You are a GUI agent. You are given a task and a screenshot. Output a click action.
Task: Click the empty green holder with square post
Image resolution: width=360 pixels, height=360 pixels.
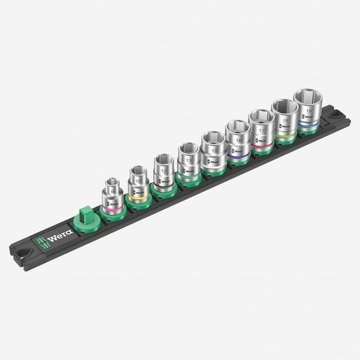[87, 219]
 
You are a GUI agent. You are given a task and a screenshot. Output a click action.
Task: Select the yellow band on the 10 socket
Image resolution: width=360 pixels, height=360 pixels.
[137, 194]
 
